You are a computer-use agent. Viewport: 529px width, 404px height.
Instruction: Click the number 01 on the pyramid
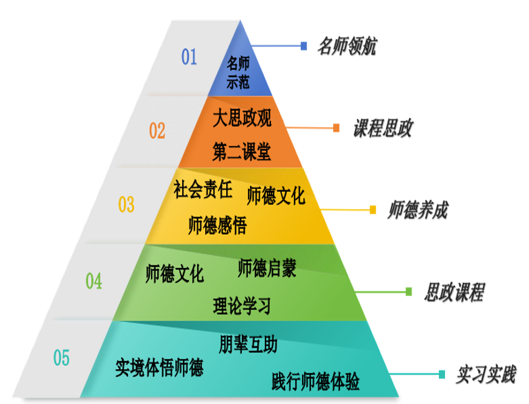click(x=189, y=57)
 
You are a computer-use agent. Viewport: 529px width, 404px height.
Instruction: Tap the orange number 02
click(x=157, y=131)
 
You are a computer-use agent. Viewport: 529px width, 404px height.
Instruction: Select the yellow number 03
click(x=126, y=204)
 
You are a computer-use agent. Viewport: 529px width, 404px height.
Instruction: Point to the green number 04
click(x=93, y=282)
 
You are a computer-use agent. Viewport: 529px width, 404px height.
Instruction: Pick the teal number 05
click(x=62, y=359)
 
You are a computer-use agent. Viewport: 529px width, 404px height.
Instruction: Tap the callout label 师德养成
click(x=417, y=210)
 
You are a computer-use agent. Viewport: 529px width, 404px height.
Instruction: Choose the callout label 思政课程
click(x=454, y=292)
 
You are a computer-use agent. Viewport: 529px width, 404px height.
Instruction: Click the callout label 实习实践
click(x=485, y=374)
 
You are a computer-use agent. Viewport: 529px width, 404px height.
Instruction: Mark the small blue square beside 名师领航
click(x=303, y=46)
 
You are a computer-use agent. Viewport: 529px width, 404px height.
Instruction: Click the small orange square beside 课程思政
click(x=336, y=128)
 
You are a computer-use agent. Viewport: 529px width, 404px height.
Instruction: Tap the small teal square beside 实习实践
click(x=442, y=374)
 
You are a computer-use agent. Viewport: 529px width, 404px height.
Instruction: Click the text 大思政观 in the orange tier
click(x=242, y=117)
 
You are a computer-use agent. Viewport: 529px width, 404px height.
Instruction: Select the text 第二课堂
click(x=242, y=151)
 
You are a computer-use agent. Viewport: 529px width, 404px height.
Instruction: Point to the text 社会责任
click(x=203, y=190)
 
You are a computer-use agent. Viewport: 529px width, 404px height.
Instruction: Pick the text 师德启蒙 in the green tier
click(x=267, y=269)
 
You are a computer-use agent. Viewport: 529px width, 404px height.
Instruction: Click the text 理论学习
click(x=242, y=305)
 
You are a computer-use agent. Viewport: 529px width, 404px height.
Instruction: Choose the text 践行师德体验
click(x=316, y=381)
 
